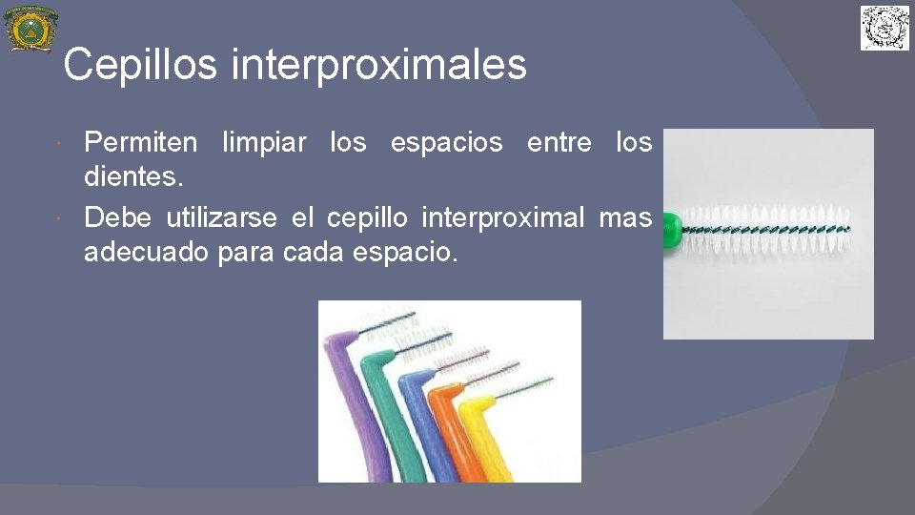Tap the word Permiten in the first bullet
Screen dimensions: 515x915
[x=141, y=143]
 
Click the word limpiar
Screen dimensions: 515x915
[x=264, y=143]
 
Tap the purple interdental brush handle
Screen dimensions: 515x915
[x=350, y=401]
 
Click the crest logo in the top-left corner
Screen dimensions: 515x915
[x=30, y=29]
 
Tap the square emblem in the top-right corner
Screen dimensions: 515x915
[x=885, y=28]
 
